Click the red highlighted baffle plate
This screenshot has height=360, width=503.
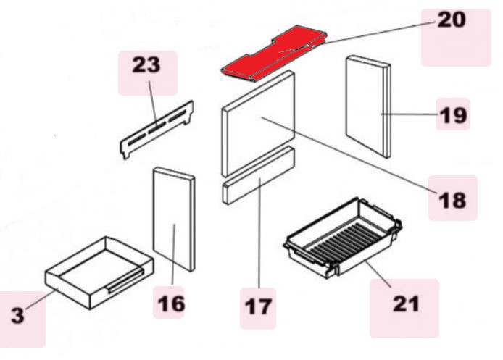click(274, 54)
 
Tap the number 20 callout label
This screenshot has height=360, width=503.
click(452, 20)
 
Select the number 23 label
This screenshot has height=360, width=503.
click(146, 64)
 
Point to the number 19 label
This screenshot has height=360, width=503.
click(453, 115)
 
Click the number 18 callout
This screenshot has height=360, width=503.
click(452, 201)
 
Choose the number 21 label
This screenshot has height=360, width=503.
click(406, 304)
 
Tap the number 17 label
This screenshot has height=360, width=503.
click(258, 306)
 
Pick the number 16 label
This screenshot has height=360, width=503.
click(172, 304)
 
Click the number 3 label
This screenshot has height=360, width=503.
click(18, 315)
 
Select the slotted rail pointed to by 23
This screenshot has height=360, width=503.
click(157, 130)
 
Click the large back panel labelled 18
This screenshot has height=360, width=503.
click(258, 123)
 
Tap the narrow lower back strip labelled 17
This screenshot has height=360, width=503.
click(259, 176)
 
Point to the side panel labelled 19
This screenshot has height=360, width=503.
click(368, 106)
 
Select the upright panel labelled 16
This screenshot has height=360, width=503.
click(174, 219)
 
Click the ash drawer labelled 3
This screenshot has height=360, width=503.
click(99, 273)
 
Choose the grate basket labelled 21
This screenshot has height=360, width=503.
click(343, 238)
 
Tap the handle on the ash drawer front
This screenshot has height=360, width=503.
click(126, 281)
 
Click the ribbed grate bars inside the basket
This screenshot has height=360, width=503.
click(341, 239)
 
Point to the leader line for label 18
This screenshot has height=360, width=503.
click(349, 156)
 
